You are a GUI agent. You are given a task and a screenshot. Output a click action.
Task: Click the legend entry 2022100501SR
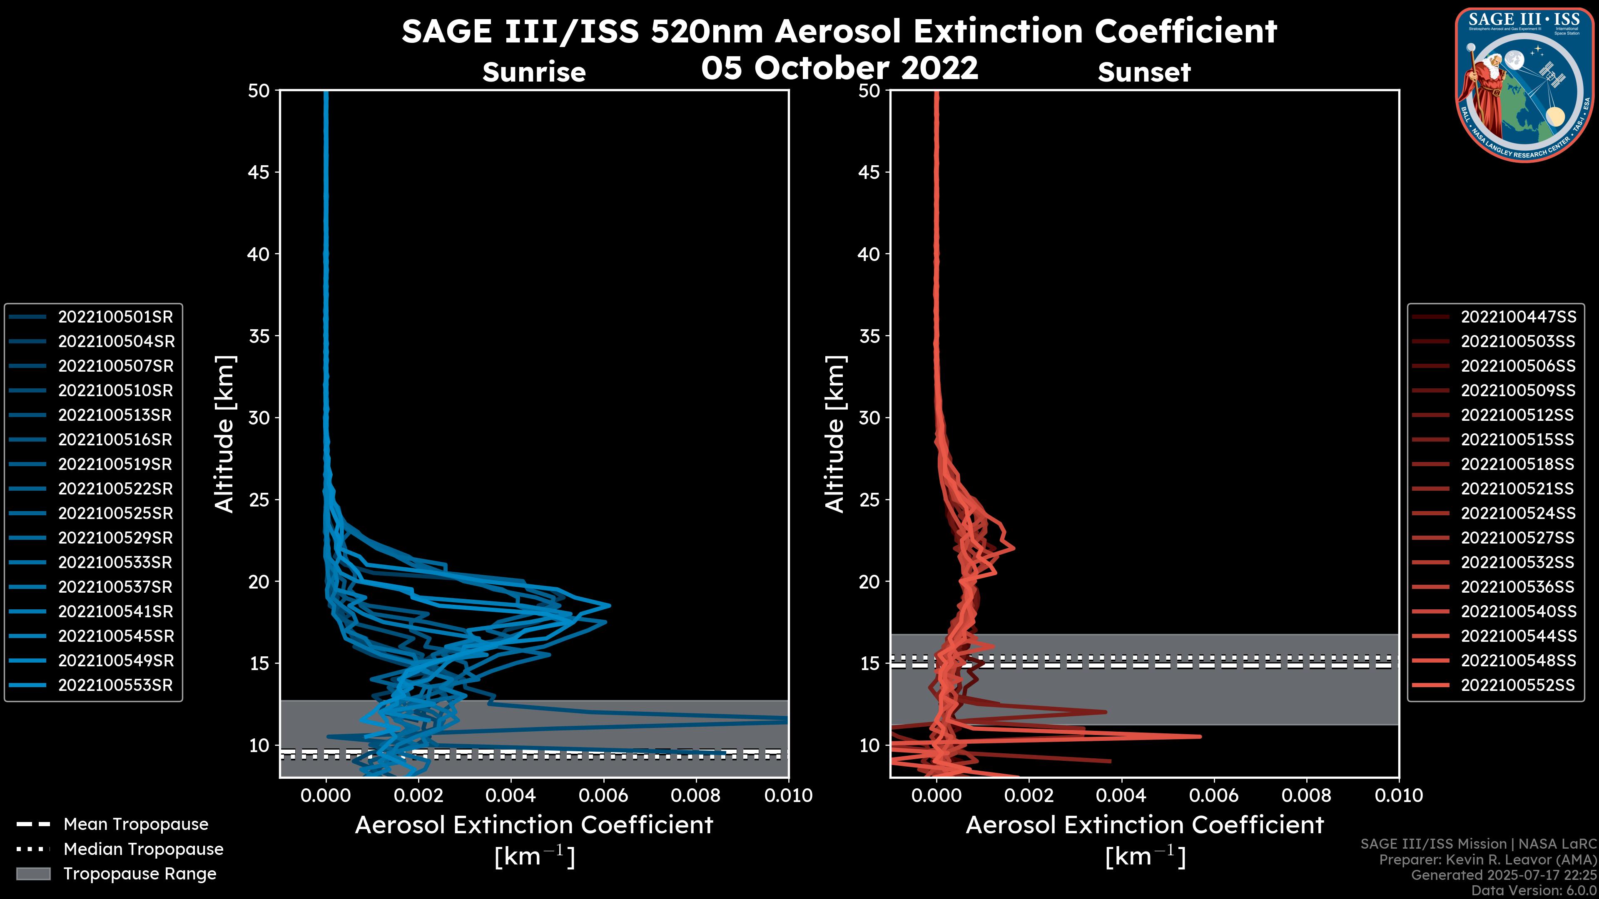[x=115, y=317]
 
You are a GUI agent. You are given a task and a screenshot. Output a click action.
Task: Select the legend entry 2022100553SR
[x=115, y=685]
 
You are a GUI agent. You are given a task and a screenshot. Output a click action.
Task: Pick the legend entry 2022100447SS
[x=1518, y=317]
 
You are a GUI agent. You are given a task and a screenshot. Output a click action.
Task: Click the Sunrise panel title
[x=534, y=72]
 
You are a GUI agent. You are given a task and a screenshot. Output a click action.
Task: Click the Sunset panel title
[x=1144, y=72]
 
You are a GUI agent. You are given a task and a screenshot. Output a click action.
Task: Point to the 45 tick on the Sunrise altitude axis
[x=259, y=172]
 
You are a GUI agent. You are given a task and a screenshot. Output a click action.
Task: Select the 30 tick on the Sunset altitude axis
[x=869, y=417]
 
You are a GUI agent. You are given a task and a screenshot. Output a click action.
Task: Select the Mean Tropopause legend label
[x=136, y=824]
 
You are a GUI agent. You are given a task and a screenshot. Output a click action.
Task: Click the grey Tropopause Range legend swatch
[x=33, y=874]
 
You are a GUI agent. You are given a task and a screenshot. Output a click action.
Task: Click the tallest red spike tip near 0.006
[x=1200, y=736]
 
